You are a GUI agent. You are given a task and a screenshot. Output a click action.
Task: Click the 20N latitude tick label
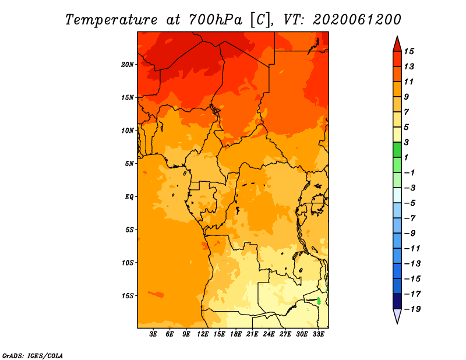(x=128, y=65)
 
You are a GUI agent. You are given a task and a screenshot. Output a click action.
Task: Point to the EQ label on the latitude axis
(x=129, y=197)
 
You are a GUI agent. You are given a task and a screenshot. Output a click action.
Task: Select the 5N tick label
(x=129, y=164)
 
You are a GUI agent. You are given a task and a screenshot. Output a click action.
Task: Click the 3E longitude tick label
(x=153, y=334)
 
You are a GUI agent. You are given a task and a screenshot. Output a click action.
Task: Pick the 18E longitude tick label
(x=236, y=334)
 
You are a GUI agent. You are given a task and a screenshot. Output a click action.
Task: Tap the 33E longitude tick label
(x=318, y=334)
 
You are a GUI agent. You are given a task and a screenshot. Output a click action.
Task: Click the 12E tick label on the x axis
(x=203, y=334)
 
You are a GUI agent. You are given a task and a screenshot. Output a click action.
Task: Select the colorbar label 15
(x=409, y=51)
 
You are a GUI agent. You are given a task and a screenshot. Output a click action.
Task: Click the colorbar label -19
(x=412, y=309)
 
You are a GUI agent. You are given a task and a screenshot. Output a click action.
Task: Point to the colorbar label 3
(x=407, y=142)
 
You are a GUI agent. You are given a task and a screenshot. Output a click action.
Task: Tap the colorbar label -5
(x=410, y=203)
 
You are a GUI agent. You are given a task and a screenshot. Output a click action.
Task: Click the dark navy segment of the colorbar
(x=397, y=301)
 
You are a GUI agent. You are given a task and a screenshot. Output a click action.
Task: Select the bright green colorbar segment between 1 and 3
(x=397, y=150)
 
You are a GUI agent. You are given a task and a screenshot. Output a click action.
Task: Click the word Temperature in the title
(x=111, y=20)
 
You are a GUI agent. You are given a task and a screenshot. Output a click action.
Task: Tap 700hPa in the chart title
(x=216, y=20)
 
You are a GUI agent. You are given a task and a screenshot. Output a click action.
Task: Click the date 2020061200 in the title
(x=357, y=20)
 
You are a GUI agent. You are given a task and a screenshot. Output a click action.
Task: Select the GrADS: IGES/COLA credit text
(x=33, y=356)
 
